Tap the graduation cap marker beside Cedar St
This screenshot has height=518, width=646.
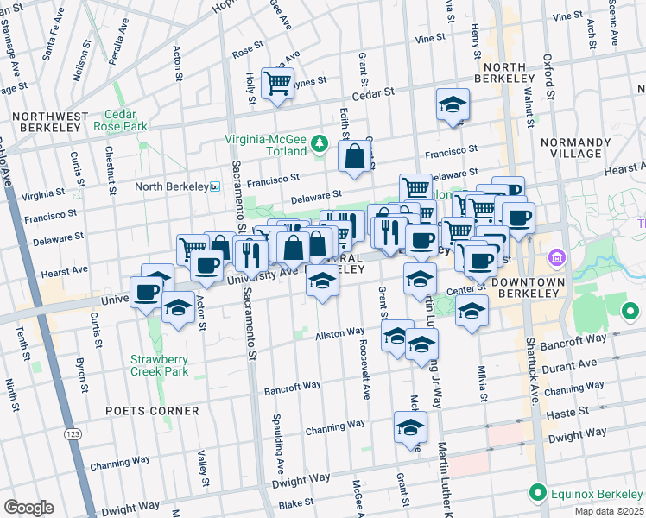[x=453, y=105]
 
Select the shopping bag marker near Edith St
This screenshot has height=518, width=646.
[x=355, y=157]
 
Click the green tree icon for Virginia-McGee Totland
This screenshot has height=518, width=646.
[x=320, y=142]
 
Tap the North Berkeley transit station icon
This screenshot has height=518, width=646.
[x=215, y=186]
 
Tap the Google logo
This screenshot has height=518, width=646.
[x=28, y=508]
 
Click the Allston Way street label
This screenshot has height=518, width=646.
[x=339, y=333]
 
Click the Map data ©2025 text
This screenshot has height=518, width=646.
[x=609, y=511]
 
